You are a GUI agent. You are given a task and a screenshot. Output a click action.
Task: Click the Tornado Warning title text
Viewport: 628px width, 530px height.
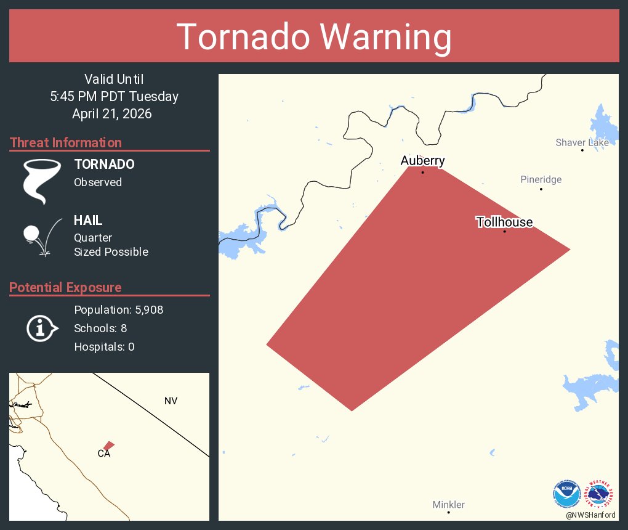(314, 37)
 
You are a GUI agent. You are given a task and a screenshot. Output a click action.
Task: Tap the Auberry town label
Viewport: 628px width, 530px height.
(422, 161)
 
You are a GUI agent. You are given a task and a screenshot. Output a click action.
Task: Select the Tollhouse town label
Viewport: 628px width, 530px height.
(504, 222)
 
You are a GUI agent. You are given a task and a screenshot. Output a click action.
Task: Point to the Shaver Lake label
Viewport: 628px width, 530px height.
(582, 142)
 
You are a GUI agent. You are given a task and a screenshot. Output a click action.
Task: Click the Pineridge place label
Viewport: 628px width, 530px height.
(541, 179)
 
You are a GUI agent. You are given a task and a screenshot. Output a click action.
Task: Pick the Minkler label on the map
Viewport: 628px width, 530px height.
(448, 505)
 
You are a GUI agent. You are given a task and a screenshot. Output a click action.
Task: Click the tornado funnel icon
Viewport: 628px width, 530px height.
(42, 181)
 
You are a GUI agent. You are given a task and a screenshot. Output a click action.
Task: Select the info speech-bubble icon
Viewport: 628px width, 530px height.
(42, 328)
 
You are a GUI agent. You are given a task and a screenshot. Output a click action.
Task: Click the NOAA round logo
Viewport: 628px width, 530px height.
(566, 493)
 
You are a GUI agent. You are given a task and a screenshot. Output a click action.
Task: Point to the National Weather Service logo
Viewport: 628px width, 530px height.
(601, 493)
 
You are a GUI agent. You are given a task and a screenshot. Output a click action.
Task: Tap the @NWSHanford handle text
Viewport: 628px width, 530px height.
(590, 515)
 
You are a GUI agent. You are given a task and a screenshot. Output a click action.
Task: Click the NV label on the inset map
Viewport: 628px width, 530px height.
(171, 401)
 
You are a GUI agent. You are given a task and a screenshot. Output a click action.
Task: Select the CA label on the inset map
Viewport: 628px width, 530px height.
(103, 454)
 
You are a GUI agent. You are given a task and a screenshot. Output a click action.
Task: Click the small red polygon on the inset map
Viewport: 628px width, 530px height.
(108, 446)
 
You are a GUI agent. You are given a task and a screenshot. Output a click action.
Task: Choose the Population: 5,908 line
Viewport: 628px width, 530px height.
(118, 310)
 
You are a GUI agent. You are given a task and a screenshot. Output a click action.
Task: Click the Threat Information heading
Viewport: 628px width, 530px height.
(66, 142)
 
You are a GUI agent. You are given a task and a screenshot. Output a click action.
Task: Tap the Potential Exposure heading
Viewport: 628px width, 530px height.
(65, 287)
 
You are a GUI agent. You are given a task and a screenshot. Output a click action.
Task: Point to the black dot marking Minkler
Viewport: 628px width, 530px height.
(448, 512)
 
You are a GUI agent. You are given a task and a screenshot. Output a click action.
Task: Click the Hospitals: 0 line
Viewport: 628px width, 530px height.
(104, 347)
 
